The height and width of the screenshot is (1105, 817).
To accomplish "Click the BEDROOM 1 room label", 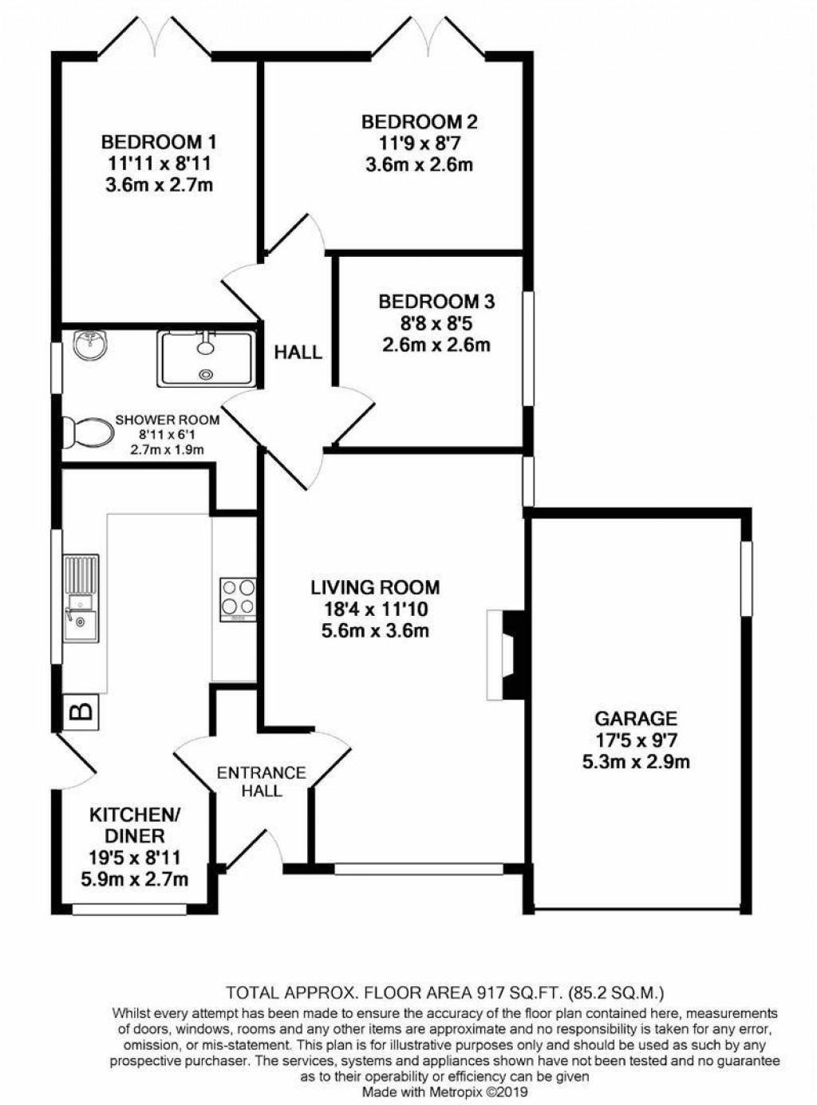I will pyautogui.click(x=159, y=143).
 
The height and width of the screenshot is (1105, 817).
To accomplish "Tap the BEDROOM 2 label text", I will pyautogui.click(x=419, y=122).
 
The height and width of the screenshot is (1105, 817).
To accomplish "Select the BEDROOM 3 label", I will pyautogui.click(x=436, y=302).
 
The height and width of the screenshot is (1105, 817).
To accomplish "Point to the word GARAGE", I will pyautogui.click(x=636, y=718).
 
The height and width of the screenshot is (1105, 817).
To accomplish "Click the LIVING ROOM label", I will pyautogui.click(x=375, y=588).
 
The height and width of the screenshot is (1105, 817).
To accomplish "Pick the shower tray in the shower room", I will pyautogui.click(x=207, y=358).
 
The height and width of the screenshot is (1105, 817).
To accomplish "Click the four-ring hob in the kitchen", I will pyautogui.click(x=238, y=599).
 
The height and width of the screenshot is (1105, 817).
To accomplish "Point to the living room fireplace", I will pyautogui.click(x=505, y=655).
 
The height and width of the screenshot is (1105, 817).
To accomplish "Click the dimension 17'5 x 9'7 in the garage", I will pyautogui.click(x=636, y=740).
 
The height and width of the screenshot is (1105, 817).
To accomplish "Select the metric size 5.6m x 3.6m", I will pyautogui.click(x=375, y=632).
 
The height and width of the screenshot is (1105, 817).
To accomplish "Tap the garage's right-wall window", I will pyautogui.click(x=746, y=578).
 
